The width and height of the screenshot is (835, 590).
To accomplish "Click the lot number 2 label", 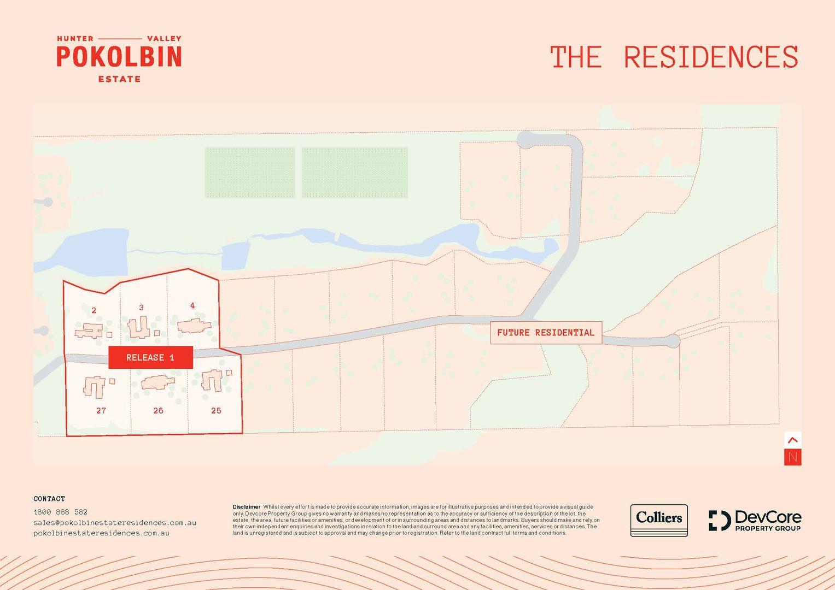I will pyautogui.click(x=94, y=310).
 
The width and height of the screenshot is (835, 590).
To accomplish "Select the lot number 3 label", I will pyautogui.click(x=141, y=308).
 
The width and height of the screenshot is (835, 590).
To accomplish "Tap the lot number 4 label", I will pyautogui.click(x=192, y=305).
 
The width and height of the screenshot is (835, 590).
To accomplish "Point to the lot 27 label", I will pyautogui.click(x=101, y=410).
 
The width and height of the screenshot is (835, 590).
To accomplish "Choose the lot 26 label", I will pyautogui.click(x=158, y=410).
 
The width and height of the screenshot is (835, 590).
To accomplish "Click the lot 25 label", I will pyautogui.click(x=216, y=410).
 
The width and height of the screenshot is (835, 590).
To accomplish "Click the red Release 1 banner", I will pyautogui.click(x=150, y=357).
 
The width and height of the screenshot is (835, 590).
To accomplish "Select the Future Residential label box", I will pyautogui.click(x=546, y=332).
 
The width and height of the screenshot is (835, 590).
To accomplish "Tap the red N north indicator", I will pyautogui.click(x=793, y=457).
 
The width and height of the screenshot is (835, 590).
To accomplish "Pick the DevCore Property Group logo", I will pyautogui.click(x=755, y=520).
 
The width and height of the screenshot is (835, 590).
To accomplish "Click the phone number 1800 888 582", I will pyautogui.click(x=60, y=512).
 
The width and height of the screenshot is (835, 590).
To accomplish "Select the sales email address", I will pyautogui.click(x=115, y=522).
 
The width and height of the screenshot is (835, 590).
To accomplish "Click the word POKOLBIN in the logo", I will pyautogui.click(x=119, y=57).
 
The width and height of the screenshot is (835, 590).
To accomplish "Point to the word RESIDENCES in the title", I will pyautogui.click(x=711, y=57).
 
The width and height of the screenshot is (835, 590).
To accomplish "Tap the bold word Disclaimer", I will pyautogui.click(x=246, y=507).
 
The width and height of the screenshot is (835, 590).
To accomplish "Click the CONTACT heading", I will pyautogui.click(x=49, y=499).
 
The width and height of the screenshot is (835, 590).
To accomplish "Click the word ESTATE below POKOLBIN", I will pyautogui.click(x=119, y=79).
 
